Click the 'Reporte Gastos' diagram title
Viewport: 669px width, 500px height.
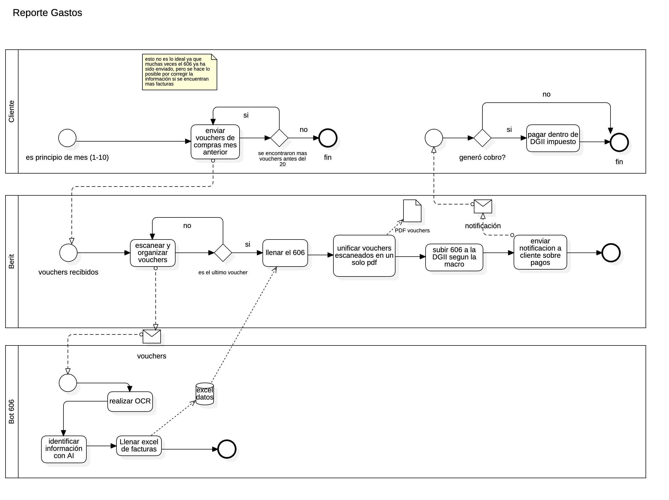[47, 13]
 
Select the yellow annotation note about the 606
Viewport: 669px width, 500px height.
[179, 72]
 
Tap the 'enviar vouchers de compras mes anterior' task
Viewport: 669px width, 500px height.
[215, 142]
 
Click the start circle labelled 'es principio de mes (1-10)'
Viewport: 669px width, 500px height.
[67, 138]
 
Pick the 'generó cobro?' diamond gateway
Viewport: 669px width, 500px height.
[482, 138]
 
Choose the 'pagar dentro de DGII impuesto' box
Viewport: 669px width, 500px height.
[553, 138]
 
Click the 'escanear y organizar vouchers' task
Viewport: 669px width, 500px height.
[152, 253]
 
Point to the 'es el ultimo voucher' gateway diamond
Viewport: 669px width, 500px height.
[223, 253]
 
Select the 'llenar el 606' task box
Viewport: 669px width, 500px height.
[285, 253]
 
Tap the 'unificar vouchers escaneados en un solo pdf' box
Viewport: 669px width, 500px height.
[364, 256]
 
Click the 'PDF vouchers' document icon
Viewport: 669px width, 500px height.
[412, 211]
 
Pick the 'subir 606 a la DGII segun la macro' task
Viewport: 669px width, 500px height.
[454, 257]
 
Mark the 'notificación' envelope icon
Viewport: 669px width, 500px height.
[483, 206]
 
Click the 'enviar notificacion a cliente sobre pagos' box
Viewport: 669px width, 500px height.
[540, 252]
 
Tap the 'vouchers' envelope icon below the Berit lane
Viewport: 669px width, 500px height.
[152, 336]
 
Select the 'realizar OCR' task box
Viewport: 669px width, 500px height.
[130, 401]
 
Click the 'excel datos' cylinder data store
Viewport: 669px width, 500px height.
[205, 394]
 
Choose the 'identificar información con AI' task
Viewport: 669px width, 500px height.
[63, 449]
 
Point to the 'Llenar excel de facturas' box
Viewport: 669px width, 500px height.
[139, 446]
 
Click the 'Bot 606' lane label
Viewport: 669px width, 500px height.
[12, 411]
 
